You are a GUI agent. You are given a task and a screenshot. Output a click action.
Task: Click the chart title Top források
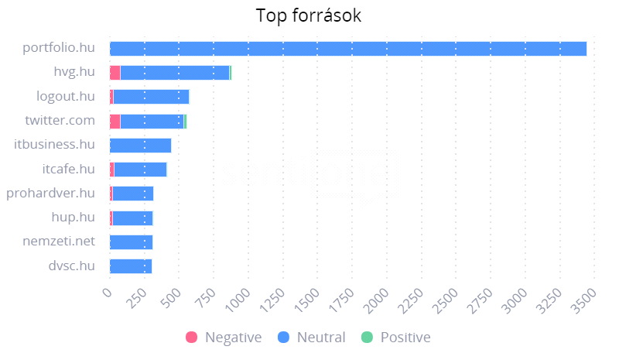click(x=309, y=15)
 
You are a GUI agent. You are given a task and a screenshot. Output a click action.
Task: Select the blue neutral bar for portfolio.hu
click(x=348, y=48)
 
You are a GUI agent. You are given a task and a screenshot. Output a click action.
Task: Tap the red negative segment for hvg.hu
click(x=115, y=73)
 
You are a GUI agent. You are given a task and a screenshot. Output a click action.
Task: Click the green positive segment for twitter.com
click(x=185, y=121)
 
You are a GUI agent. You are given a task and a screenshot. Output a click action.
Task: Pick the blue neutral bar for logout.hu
click(x=151, y=97)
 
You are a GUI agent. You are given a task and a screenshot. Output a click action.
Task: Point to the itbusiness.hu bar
click(x=140, y=145)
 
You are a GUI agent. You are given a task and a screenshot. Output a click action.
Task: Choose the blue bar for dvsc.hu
click(x=131, y=266)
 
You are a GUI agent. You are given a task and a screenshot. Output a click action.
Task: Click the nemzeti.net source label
click(x=59, y=242)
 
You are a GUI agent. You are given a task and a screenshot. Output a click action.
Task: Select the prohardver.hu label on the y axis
click(x=50, y=193)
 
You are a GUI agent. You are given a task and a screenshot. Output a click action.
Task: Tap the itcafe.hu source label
click(x=68, y=169)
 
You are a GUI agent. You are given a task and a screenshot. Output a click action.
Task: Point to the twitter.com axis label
click(x=60, y=121)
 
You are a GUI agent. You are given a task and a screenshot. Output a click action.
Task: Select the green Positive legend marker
click(x=367, y=338)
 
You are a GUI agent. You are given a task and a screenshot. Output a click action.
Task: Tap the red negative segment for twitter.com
click(x=115, y=121)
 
